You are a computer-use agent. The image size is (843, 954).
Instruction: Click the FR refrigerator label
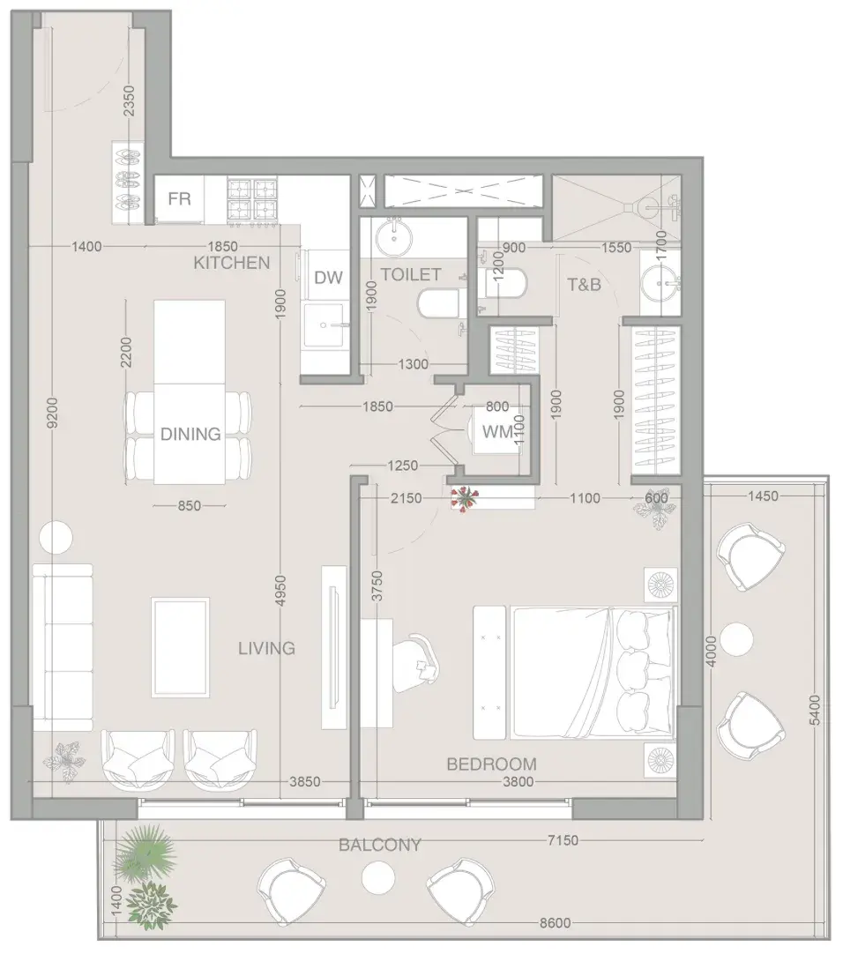[x=180, y=199]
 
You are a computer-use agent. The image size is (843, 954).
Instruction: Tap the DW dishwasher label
[x=329, y=278]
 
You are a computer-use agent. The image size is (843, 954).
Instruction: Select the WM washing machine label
[x=497, y=432]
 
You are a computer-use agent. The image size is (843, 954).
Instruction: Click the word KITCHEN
[x=232, y=263]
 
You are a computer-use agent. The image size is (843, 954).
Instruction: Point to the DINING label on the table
[x=190, y=434]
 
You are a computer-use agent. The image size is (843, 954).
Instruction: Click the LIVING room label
[x=266, y=648]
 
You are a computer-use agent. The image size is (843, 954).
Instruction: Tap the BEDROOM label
[x=492, y=764]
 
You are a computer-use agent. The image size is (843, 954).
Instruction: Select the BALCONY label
[x=380, y=845]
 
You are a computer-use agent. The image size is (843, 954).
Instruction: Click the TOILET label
[x=411, y=274]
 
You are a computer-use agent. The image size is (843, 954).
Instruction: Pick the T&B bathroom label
[x=585, y=284]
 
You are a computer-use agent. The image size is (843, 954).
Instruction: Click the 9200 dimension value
[x=52, y=413]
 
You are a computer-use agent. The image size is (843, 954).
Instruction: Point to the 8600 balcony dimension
[x=556, y=922]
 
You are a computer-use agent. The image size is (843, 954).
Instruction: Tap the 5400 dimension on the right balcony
[x=815, y=710]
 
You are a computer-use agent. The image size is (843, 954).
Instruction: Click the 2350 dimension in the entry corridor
[x=129, y=101]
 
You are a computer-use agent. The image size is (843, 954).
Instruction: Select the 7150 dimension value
[x=563, y=840]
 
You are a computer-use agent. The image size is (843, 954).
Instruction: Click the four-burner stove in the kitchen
[x=252, y=200]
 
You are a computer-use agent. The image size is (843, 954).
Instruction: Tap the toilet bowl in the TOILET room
[x=438, y=303]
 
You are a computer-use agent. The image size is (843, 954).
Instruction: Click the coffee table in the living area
[x=181, y=647]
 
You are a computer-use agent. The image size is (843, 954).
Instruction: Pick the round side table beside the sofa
[x=56, y=538]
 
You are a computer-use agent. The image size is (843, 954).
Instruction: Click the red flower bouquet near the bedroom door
[x=465, y=498]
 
